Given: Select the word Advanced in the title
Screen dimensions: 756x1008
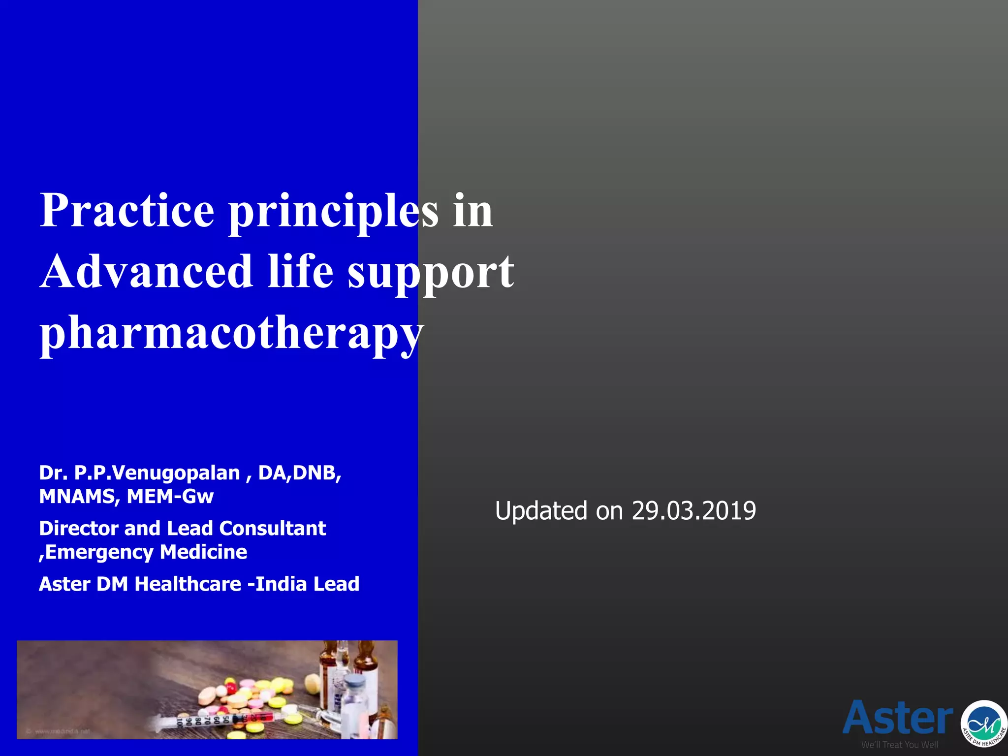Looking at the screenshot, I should (146, 272).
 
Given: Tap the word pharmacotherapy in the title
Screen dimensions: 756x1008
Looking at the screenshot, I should (231, 333).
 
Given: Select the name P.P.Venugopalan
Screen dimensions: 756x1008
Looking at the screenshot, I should (157, 473).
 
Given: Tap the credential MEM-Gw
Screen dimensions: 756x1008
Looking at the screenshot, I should (170, 497).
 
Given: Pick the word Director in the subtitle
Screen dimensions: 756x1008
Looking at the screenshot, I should (79, 529).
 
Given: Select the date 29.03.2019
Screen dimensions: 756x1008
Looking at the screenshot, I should (693, 511).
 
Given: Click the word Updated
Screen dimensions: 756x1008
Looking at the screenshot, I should (541, 511).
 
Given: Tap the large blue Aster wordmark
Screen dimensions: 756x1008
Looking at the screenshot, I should (898, 719).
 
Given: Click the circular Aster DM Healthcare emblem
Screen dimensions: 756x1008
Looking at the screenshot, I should (984, 723).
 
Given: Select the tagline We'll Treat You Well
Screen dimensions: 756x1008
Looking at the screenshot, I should (899, 745).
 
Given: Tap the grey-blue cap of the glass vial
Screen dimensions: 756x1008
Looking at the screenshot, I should (355, 683).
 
